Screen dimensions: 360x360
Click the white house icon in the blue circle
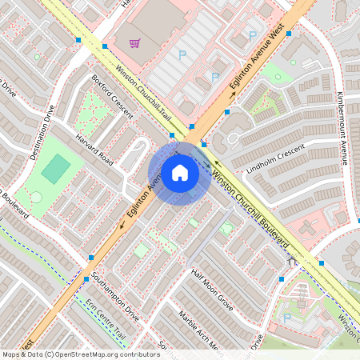(x=179, y=173)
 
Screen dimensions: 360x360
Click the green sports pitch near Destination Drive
(x=56, y=168)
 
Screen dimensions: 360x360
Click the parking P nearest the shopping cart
(x=182, y=54)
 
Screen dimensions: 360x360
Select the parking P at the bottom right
(x=286, y=318)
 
